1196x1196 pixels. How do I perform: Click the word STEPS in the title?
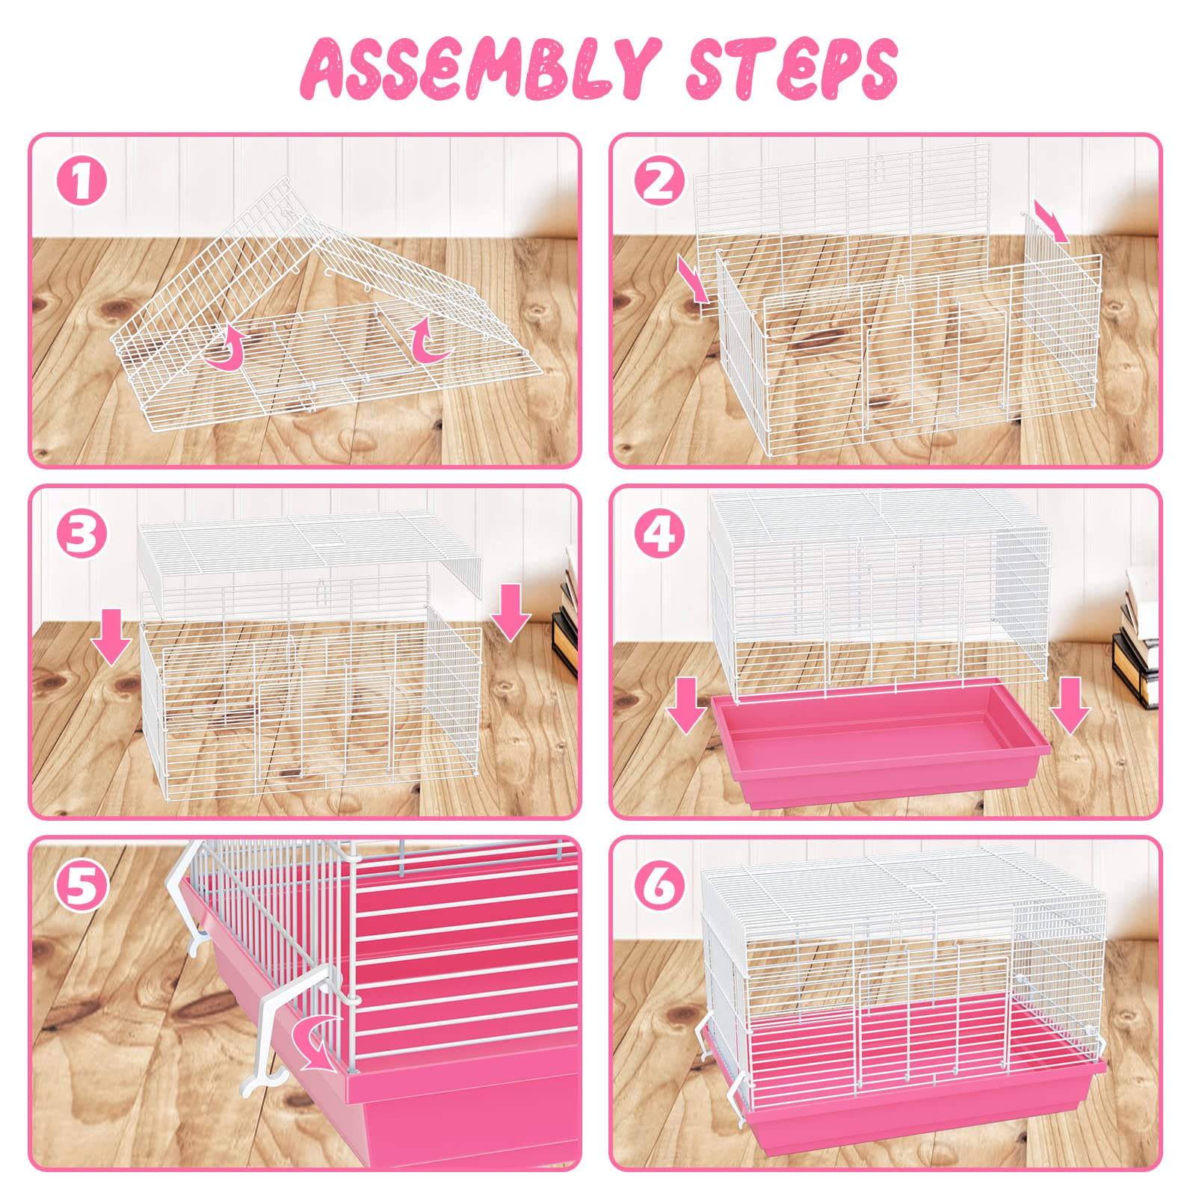pyautogui.click(x=792, y=69)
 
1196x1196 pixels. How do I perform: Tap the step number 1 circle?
pyautogui.click(x=82, y=182)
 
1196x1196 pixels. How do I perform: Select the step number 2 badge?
pyautogui.click(x=660, y=182)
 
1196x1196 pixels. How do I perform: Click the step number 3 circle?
pyautogui.click(x=82, y=534)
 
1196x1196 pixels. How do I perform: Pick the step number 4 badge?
pyautogui.click(x=660, y=534)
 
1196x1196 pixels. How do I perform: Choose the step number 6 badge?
pyautogui.click(x=660, y=886)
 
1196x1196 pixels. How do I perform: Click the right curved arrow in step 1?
pyautogui.click(x=430, y=341)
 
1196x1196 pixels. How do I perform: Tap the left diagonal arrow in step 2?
pyautogui.click(x=693, y=280)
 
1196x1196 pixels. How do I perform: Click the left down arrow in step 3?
pyautogui.click(x=111, y=636)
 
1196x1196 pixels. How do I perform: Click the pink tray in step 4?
pyautogui.click(x=882, y=755)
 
